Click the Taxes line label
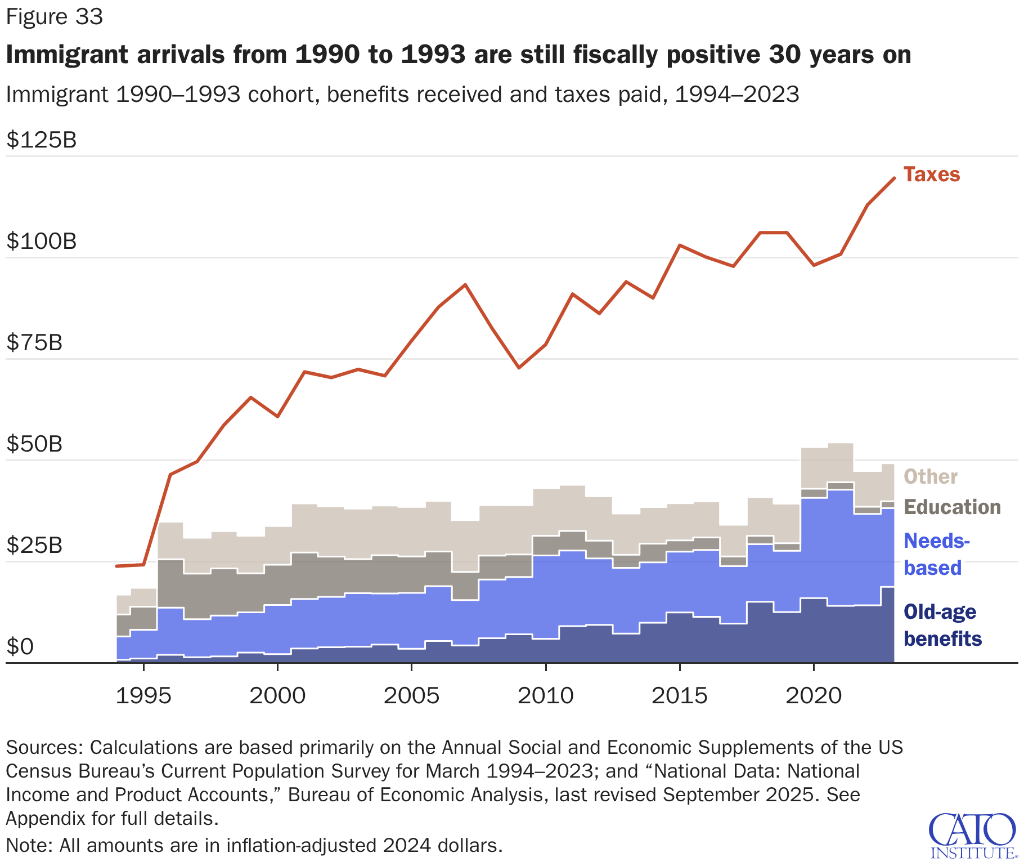click(x=931, y=175)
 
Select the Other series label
click(x=930, y=477)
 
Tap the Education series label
click(x=952, y=507)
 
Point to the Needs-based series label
click(x=936, y=555)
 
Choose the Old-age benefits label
click(x=942, y=626)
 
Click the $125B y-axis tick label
click(x=42, y=140)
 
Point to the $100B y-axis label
click(x=42, y=242)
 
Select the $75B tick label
click(x=34, y=343)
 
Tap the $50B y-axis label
click(x=34, y=444)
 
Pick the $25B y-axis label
click(x=34, y=546)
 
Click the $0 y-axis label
click(x=20, y=647)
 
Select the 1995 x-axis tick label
click(x=143, y=697)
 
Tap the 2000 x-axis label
click(x=277, y=697)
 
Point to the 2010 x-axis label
click(x=546, y=697)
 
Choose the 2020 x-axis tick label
click(x=814, y=697)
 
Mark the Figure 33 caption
click(x=55, y=17)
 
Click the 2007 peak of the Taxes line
click(x=465, y=285)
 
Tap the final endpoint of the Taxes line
click(x=894, y=178)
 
